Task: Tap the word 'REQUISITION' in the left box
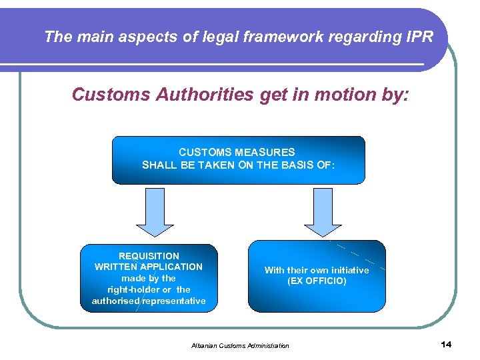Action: tap(149, 255)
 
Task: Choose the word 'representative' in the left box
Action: tap(175, 301)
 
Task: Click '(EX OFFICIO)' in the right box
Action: tap(317, 281)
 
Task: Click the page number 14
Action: tap(446, 344)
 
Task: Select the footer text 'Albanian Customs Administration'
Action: tap(240, 345)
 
